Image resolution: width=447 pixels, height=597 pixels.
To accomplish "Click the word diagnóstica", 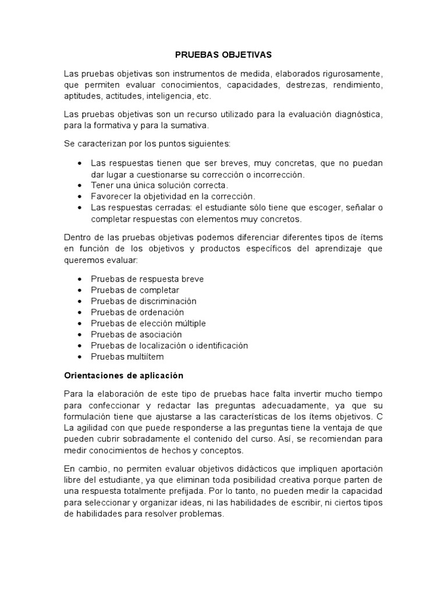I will [356, 115].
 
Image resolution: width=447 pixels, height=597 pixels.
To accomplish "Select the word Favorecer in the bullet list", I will [110, 196].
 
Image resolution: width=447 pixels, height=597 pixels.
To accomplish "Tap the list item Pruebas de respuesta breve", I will [147, 279].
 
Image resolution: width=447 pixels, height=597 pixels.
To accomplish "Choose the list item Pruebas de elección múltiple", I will [148, 324].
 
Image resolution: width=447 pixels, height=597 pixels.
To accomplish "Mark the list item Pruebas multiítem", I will [127, 356].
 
